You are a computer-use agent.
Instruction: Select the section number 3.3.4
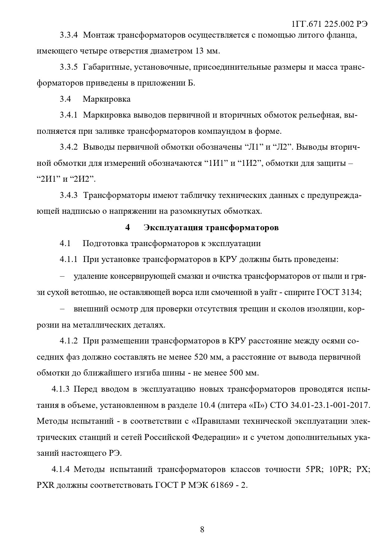point(68,35)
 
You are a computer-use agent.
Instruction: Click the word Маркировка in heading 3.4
point(107,99)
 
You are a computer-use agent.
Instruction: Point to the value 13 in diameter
point(199,51)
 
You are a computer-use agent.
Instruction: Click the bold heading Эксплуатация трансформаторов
point(211,227)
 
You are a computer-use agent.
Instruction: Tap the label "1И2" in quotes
point(249,163)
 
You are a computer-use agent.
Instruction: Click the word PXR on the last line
point(46,485)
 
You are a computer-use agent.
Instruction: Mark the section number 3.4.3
point(68,195)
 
